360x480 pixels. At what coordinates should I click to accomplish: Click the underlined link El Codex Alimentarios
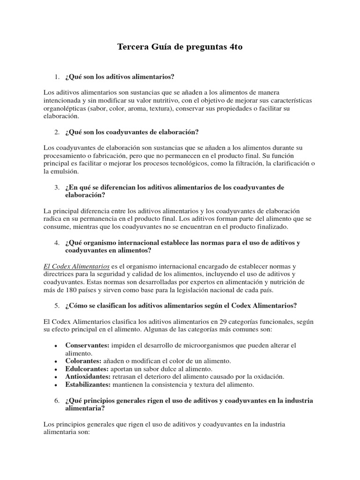pos(76,266)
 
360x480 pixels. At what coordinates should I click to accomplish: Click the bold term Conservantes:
pos(87,345)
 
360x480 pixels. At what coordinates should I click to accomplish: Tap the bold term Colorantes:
pos(83,361)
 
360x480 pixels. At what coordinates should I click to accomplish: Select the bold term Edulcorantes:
pos(86,369)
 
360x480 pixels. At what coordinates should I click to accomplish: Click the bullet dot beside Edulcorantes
pos(56,369)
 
